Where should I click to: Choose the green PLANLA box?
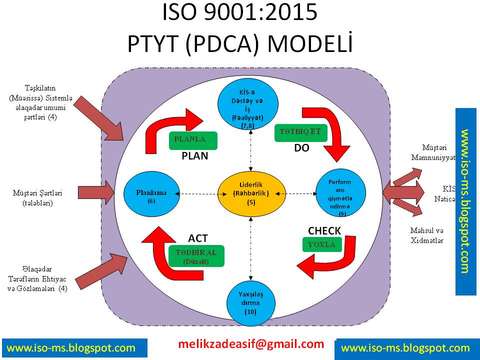tap(193, 140)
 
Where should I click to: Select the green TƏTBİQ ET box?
tap(301, 132)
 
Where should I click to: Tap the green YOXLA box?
tap(322, 244)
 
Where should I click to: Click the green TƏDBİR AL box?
tap(196, 256)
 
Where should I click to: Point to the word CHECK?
tap(324, 230)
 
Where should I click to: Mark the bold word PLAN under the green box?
tap(194, 155)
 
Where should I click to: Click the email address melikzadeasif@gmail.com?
tap(251, 344)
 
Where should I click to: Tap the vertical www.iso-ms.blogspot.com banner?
tap(465, 201)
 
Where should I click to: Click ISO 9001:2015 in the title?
tap(239, 13)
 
